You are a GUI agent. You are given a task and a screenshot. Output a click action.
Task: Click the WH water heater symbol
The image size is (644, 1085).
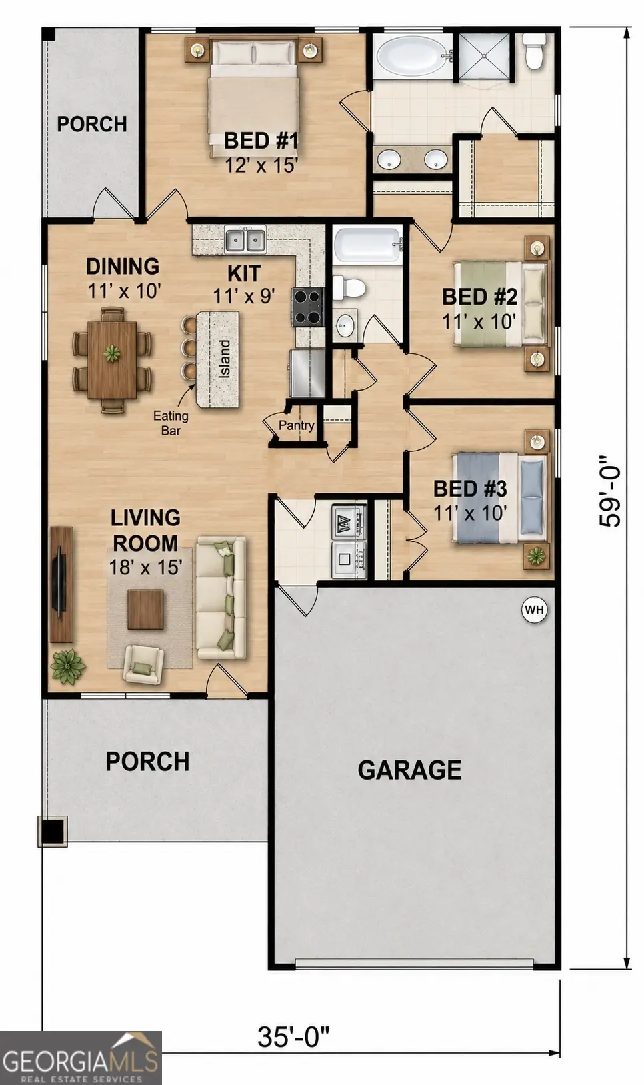(x=535, y=610)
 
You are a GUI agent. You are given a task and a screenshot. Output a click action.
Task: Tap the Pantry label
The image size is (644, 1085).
(x=296, y=425)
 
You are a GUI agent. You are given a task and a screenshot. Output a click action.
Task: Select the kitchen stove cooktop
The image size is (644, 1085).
(x=307, y=306)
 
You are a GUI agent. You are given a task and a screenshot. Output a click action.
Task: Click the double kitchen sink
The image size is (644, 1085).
(x=245, y=240)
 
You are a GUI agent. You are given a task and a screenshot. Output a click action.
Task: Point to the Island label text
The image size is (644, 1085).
(x=225, y=359)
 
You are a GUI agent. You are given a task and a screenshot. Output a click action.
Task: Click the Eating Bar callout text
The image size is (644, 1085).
(x=171, y=423)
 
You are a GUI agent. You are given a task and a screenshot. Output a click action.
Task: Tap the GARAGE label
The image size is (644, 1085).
(x=409, y=770)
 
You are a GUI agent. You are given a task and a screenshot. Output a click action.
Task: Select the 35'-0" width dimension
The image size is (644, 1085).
(x=293, y=1036)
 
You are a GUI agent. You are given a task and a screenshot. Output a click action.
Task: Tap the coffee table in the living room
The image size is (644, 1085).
(x=145, y=609)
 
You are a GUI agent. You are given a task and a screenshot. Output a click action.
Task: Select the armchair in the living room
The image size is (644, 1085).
(x=143, y=664)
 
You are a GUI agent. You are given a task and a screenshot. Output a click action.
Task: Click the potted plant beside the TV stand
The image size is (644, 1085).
(x=68, y=666)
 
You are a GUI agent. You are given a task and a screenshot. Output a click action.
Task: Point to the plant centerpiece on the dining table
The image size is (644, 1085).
(x=112, y=353)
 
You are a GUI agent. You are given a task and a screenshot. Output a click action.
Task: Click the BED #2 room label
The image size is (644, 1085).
(x=480, y=297)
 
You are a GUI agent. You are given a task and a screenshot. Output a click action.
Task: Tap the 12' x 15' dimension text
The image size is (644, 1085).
(x=261, y=165)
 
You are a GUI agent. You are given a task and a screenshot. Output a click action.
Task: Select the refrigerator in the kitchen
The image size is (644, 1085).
(x=307, y=373)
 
